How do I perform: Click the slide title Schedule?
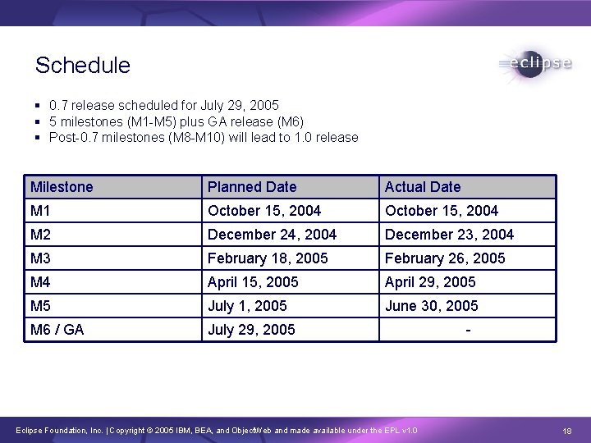(x=83, y=66)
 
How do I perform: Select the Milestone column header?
(x=62, y=187)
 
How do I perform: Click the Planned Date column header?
(x=252, y=187)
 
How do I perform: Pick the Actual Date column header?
(x=423, y=187)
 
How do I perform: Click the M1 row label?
(x=40, y=211)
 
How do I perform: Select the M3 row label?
(x=41, y=258)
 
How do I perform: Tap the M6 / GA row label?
(x=57, y=330)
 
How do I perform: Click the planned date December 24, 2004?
(x=272, y=235)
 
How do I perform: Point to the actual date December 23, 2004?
(x=449, y=235)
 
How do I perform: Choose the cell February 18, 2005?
(x=268, y=258)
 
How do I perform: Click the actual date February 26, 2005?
(x=445, y=258)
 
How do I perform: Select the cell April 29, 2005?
(x=430, y=282)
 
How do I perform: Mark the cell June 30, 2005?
(x=431, y=306)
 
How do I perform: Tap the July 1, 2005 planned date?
(x=247, y=306)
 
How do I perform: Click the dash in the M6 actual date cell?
(x=467, y=331)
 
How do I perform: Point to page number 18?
(x=566, y=431)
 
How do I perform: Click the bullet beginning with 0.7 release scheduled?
(x=163, y=106)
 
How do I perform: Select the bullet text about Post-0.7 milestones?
(x=203, y=137)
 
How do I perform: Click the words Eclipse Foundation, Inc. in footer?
(x=57, y=431)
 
